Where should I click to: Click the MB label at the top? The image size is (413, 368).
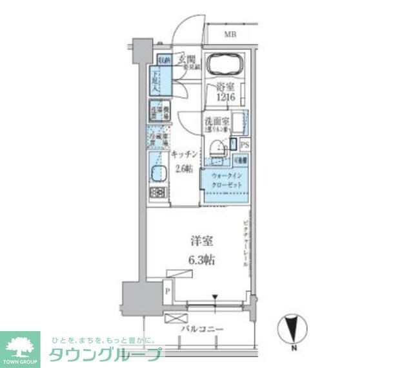click(x=230, y=36)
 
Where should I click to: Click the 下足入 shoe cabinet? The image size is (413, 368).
click(x=157, y=80)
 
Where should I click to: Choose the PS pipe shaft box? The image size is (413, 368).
click(x=245, y=146)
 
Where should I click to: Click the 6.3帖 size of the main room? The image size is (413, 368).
click(x=202, y=260)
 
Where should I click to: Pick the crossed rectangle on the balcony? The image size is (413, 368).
click(x=175, y=318)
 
